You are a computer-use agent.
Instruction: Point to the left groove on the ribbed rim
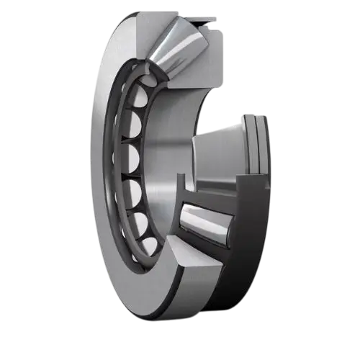click(248, 144)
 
